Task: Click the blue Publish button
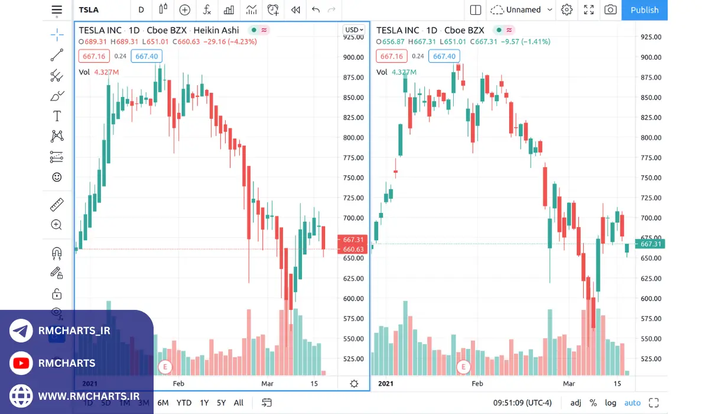pyautogui.click(x=644, y=10)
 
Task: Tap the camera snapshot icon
pyautogui.click(x=610, y=10)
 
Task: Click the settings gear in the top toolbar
pyautogui.click(x=567, y=10)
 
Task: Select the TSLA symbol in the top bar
pyautogui.click(x=89, y=10)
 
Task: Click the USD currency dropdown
pyautogui.click(x=354, y=30)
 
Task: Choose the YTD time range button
pyautogui.click(x=184, y=403)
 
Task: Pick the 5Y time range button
pyautogui.click(x=221, y=403)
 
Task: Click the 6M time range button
pyautogui.click(x=162, y=403)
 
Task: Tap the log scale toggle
pyautogui.click(x=610, y=403)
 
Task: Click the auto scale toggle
pyautogui.click(x=632, y=403)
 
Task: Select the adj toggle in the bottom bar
pyautogui.click(x=575, y=403)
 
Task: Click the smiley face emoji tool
pyautogui.click(x=57, y=177)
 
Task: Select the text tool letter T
pyautogui.click(x=57, y=116)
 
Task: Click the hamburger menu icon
pyautogui.click(x=57, y=10)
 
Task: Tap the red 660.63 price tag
pyautogui.click(x=353, y=250)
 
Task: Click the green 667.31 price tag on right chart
pyautogui.click(x=650, y=244)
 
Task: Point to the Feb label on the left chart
pyautogui.click(x=178, y=383)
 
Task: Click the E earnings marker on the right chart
pyautogui.click(x=463, y=367)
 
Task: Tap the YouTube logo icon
pyautogui.click(x=21, y=363)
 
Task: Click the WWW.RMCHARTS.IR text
pyautogui.click(x=89, y=396)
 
